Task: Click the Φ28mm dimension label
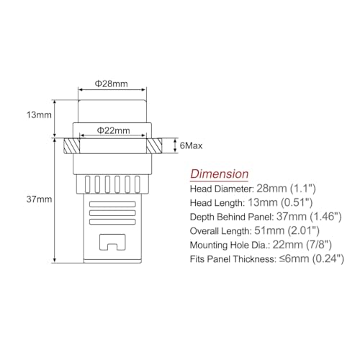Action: [111, 84]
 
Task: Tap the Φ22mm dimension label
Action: [113, 130]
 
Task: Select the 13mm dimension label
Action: [39, 115]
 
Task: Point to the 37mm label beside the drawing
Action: [39, 199]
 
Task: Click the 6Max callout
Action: [191, 145]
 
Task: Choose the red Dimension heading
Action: [220, 174]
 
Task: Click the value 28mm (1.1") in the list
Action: [286, 189]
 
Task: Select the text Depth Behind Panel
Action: [232, 217]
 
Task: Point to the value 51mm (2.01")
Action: [287, 231]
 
